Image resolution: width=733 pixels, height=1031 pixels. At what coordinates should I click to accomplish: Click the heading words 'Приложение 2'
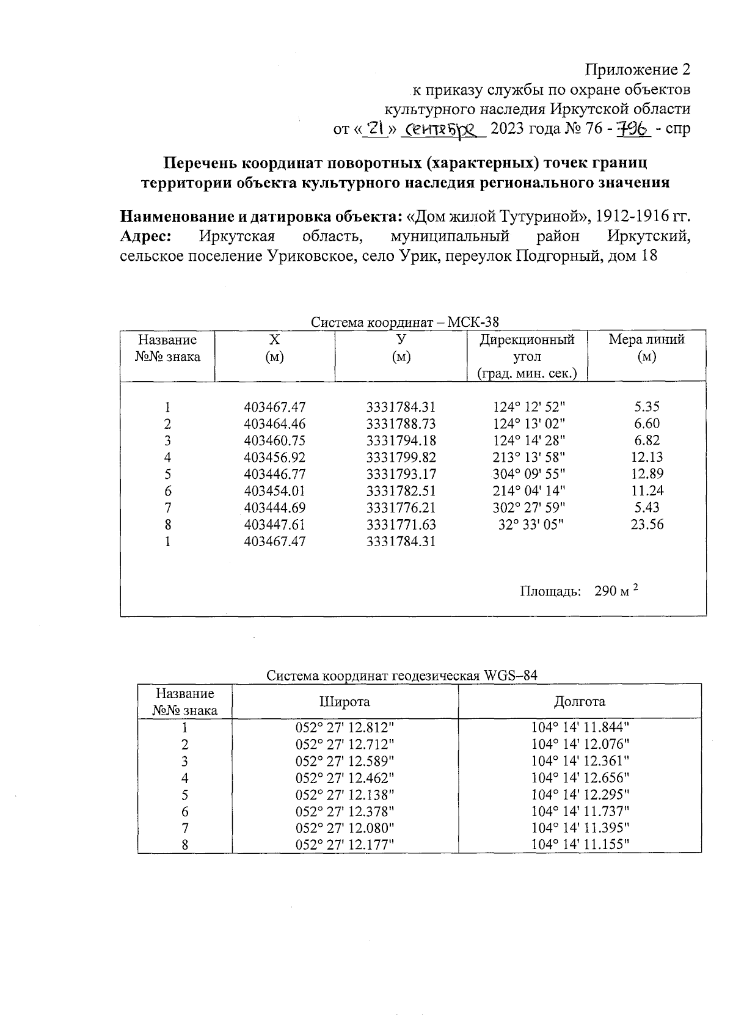pos(638,69)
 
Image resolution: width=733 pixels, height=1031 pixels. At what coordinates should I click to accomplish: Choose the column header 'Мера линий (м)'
pos(646,348)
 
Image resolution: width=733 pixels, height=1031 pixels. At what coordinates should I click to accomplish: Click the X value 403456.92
pos(274,457)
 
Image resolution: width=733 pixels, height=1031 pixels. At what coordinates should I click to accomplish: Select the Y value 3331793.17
pos(401,474)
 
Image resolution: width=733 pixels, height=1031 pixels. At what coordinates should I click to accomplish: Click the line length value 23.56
pos(647,524)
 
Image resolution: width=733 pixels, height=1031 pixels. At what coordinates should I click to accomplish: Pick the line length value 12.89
pos(647,474)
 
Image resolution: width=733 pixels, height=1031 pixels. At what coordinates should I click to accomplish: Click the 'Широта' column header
pos(345,702)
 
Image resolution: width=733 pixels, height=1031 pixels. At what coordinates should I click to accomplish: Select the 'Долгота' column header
pos(579,702)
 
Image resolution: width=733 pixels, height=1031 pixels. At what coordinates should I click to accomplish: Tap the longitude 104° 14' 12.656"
pos(580,778)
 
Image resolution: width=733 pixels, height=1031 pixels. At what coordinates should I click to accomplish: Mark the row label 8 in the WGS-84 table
pos(184,845)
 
